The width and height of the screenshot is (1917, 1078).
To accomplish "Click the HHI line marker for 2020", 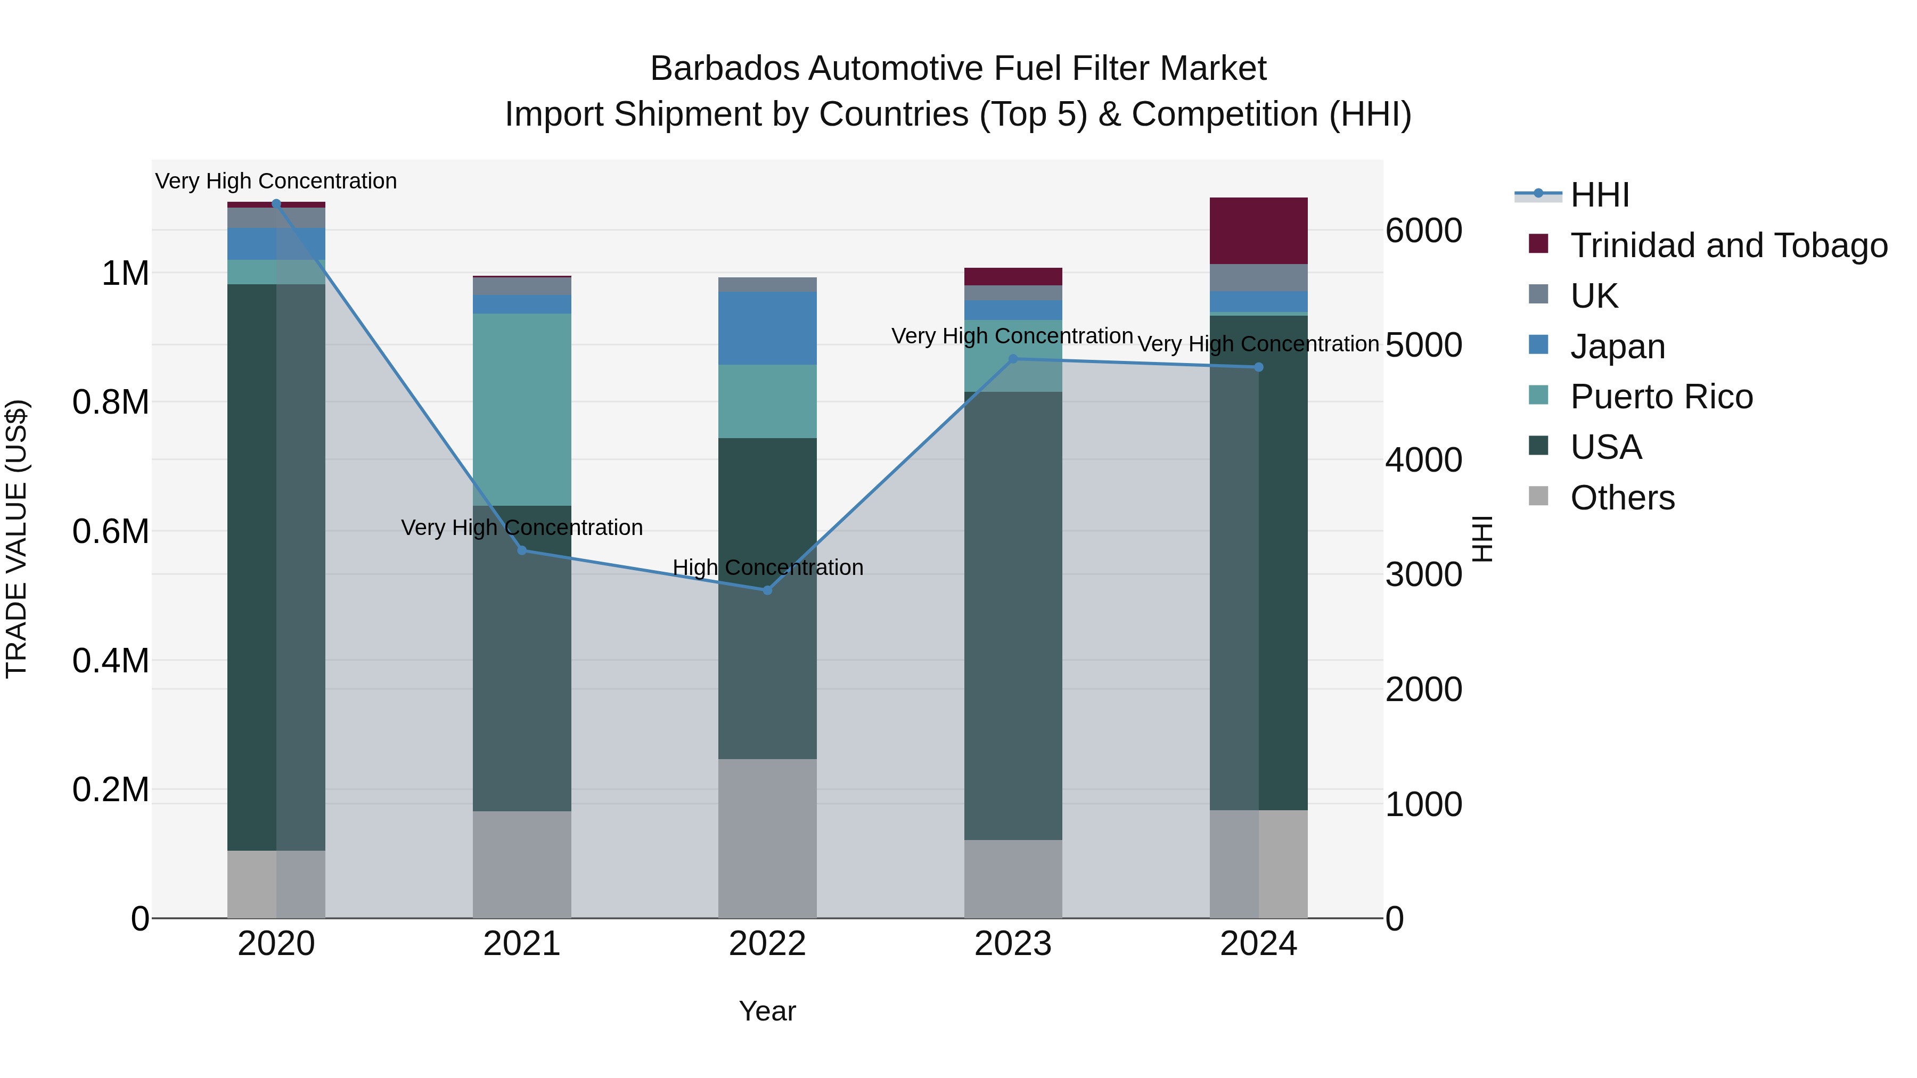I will click(x=276, y=204).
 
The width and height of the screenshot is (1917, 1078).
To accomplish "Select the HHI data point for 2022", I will click(x=767, y=590).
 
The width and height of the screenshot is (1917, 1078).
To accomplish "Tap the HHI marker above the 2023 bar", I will click(x=1013, y=359).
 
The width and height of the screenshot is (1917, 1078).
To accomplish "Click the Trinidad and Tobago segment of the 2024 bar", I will click(x=1258, y=231).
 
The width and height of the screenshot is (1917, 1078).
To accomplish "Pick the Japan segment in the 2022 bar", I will click(x=767, y=328).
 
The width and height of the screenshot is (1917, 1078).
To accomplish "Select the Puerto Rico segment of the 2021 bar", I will click(x=522, y=409).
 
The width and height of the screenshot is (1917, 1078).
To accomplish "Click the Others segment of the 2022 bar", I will click(x=767, y=838).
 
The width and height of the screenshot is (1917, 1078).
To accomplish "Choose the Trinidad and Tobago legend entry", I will click(x=1728, y=245).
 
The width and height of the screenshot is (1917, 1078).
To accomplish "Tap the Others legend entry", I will click(x=1623, y=498).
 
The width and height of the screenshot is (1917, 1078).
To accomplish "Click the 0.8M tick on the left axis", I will click(x=111, y=402).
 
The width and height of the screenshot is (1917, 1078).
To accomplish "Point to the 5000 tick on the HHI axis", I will click(x=1423, y=345).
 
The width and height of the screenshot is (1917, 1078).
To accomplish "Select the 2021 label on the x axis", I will click(x=522, y=944).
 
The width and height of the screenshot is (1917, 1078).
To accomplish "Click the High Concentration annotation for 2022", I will click(x=767, y=567).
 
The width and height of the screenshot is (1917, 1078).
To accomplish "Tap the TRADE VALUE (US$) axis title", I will click(x=17, y=539).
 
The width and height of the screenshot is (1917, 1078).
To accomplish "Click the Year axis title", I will click(x=767, y=1011).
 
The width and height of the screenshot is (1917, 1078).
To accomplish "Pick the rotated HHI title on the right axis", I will click(x=1482, y=539).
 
